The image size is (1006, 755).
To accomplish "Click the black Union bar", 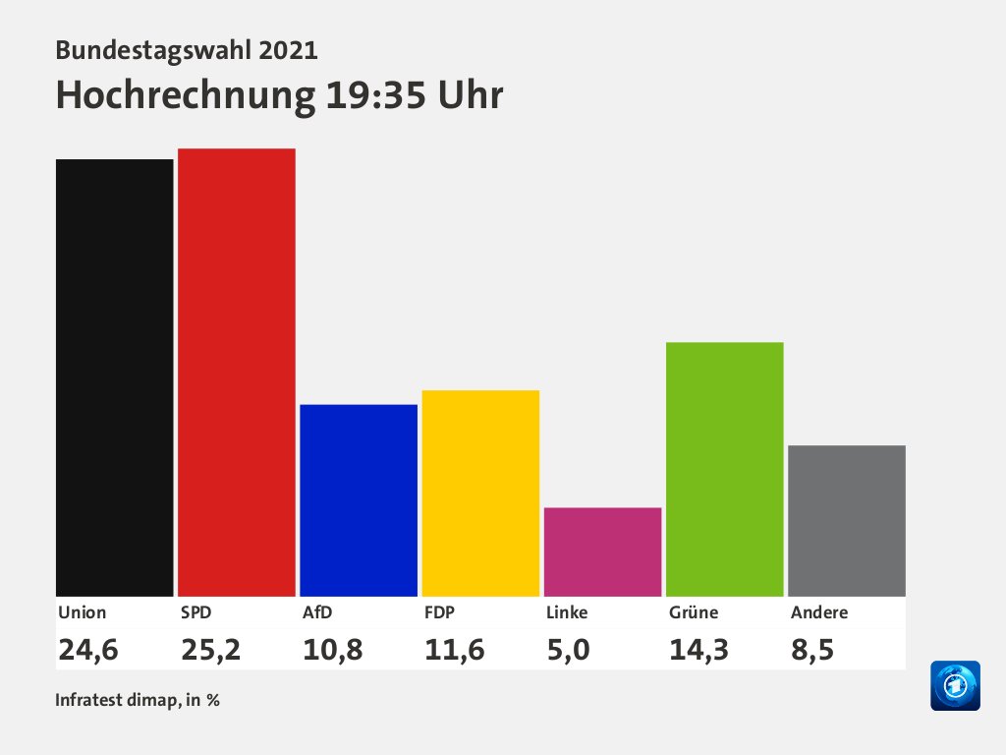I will [x=114, y=377].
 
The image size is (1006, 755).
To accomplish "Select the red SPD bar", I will [x=237, y=372].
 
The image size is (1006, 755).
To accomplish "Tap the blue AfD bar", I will [x=359, y=500].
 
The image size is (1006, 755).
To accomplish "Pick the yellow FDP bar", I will [x=480, y=493].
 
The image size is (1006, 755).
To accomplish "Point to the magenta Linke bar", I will [x=602, y=552].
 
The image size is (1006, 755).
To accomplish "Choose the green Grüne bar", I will [x=724, y=469].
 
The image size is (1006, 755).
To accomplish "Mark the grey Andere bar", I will [x=847, y=520].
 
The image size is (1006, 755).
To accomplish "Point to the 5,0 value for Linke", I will [x=568, y=650].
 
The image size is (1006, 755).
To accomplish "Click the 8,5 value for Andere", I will [x=812, y=650].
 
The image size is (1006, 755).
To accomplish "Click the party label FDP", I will [x=439, y=611].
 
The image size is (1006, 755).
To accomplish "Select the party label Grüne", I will [x=694, y=611].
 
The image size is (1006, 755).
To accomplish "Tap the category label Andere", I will [x=819, y=611].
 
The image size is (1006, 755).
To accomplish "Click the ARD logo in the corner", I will [x=956, y=685].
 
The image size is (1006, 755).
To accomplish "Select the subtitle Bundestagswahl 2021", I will [x=187, y=49].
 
